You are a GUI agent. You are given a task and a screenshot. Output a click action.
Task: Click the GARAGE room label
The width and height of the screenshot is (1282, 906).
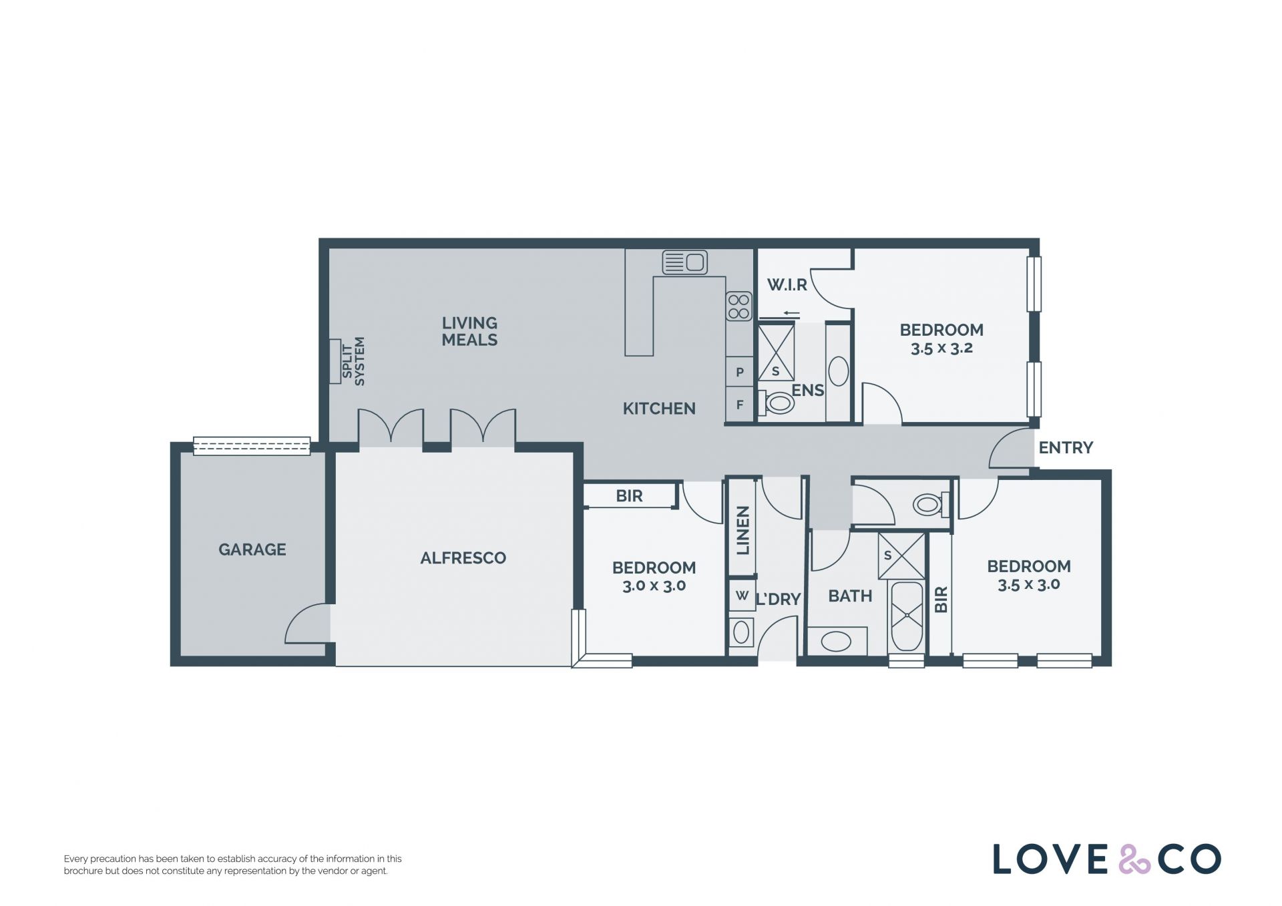pyautogui.click(x=252, y=549)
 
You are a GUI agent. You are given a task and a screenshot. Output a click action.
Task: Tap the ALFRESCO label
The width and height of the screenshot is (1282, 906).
pyautogui.click(x=463, y=558)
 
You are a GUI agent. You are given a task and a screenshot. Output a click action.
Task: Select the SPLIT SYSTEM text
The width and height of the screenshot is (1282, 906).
pyautogui.click(x=353, y=361)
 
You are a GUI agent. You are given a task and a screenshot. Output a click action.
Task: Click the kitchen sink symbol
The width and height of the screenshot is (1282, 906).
pyautogui.click(x=684, y=262)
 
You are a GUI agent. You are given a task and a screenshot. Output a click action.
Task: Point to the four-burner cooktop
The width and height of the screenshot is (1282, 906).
pyautogui.click(x=739, y=306)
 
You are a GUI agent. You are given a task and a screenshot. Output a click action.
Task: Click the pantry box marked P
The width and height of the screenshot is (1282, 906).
pyautogui.click(x=740, y=373)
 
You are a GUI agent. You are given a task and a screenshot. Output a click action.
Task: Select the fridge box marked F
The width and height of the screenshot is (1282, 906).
pyautogui.click(x=740, y=405)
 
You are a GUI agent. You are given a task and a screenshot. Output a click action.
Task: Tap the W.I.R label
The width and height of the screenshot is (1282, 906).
pyautogui.click(x=787, y=285)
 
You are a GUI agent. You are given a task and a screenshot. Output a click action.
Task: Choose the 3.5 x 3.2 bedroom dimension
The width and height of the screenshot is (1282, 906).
pyautogui.click(x=941, y=348)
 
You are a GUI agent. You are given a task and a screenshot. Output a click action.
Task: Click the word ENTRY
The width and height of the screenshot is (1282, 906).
pyautogui.click(x=1066, y=447)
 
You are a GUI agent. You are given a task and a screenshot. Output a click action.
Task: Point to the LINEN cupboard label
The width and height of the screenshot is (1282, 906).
pyautogui.click(x=743, y=531)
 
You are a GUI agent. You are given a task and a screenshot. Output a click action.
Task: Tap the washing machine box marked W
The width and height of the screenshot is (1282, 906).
pyautogui.click(x=742, y=595)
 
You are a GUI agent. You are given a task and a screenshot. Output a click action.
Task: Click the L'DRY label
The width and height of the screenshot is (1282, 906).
pyautogui.click(x=778, y=600)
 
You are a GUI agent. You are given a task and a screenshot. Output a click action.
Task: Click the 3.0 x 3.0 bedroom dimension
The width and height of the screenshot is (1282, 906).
pyautogui.click(x=654, y=586)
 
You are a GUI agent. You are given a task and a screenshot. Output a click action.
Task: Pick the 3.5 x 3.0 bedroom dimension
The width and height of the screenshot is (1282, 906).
pyautogui.click(x=1029, y=585)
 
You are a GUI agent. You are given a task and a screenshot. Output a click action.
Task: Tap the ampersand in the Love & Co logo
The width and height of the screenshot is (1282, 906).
pyautogui.click(x=1135, y=859)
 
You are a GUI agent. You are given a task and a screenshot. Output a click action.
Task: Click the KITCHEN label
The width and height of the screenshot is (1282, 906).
pyautogui.click(x=659, y=409)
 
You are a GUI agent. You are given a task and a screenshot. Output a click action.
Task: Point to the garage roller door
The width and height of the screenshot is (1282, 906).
pyautogui.click(x=252, y=446)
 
